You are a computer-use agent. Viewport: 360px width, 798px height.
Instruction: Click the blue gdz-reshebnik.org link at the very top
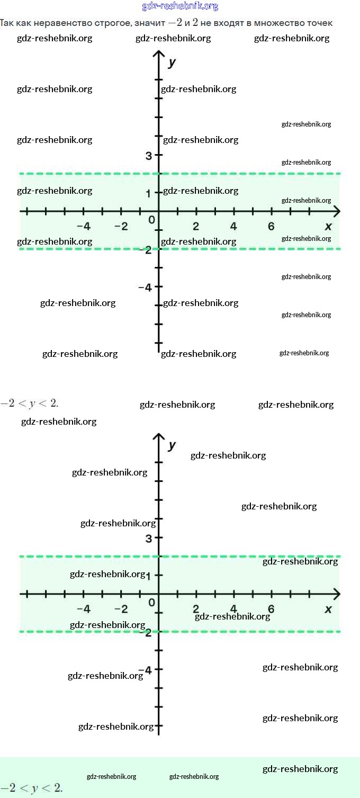(180, 6)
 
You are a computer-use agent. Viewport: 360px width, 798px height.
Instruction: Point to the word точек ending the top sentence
(320, 23)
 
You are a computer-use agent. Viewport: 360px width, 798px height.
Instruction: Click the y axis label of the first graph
(172, 62)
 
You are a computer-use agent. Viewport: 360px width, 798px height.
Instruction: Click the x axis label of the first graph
(328, 227)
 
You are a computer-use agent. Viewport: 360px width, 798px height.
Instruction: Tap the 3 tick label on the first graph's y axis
(149, 156)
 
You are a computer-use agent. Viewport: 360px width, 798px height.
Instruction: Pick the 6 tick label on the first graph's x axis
(271, 227)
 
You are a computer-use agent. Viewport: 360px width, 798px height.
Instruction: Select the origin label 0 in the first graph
(151, 220)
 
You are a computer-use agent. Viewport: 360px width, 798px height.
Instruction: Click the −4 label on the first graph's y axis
(145, 288)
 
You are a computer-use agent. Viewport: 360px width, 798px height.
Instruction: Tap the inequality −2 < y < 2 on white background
(30, 403)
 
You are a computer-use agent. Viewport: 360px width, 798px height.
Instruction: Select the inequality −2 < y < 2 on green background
(32, 788)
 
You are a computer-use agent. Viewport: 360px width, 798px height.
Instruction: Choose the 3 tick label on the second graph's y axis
(149, 539)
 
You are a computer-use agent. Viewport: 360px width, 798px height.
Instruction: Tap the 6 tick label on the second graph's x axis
(271, 609)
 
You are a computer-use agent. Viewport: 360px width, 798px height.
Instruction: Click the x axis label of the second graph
(328, 609)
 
